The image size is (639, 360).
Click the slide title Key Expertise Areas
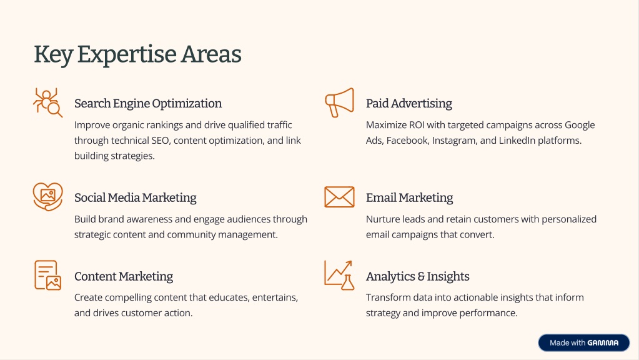coord(137,54)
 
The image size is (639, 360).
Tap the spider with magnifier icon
coord(47,102)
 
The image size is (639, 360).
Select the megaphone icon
coord(339,102)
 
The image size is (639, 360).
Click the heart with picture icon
coord(47,197)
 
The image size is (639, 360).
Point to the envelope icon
coord(339,197)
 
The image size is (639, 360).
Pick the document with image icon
coord(47,275)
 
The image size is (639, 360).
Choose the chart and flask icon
coord(339,275)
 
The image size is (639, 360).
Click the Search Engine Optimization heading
coord(148,104)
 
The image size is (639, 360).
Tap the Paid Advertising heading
coord(409,104)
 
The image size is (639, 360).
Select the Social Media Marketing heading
coord(136,197)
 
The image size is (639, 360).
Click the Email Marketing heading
coord(409,197)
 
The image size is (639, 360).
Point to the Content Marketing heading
coord(124,276)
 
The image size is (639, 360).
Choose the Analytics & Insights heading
coord(417,276)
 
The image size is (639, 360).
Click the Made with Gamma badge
coord(583,343)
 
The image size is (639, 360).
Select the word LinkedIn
coord(517,141)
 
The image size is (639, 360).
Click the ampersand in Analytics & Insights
coord(421,277)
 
